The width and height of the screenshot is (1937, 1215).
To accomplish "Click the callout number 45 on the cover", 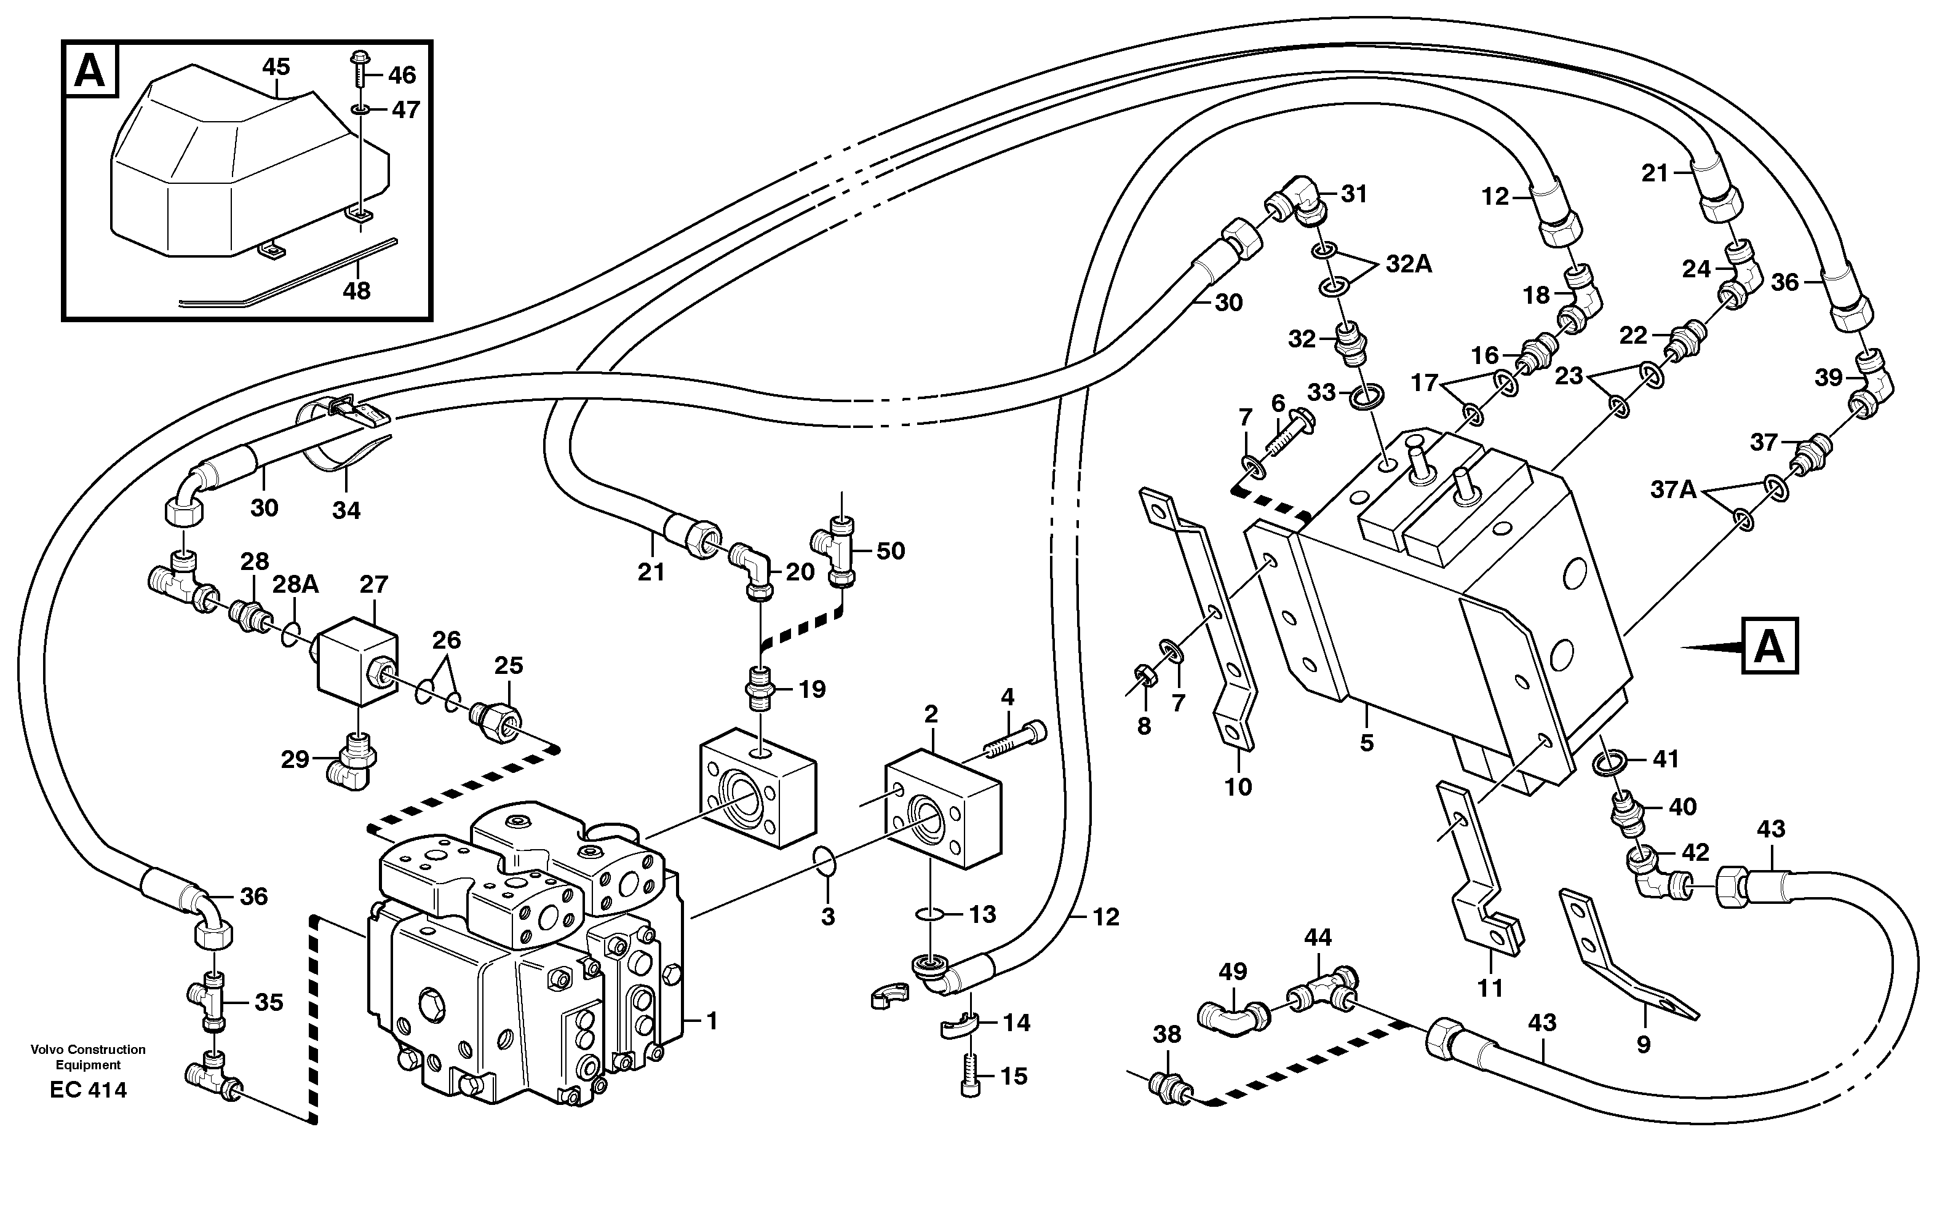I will [x=276, y=68].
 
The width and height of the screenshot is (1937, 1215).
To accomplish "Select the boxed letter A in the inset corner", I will [x=89, y=71].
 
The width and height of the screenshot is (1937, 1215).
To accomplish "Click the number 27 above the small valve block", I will [x=374, y=584].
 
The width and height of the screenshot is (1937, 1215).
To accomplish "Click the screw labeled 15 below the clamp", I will [x=971, y=1076].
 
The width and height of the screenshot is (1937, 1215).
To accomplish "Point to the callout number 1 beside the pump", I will [x=710, y=1021].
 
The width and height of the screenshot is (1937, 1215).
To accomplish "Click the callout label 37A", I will [x=1673, y=489].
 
